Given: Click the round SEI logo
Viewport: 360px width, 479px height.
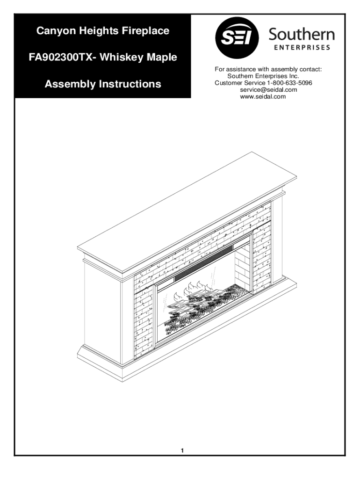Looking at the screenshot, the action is (237, 38).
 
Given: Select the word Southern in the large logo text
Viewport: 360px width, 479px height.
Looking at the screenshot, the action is (302, 35).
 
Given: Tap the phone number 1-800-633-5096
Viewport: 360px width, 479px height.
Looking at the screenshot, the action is (289, 83).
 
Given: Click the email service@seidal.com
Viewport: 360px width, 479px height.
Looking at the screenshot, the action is (268, 90).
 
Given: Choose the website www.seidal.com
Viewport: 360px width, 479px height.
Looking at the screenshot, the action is (263, 96).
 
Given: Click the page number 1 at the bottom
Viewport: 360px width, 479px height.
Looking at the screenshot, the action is (182, 450).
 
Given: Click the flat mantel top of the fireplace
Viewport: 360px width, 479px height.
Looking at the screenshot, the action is (187, 211).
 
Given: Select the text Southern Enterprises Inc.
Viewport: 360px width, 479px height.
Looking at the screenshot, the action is (263, 76).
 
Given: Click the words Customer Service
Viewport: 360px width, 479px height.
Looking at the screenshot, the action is (240, 83).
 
